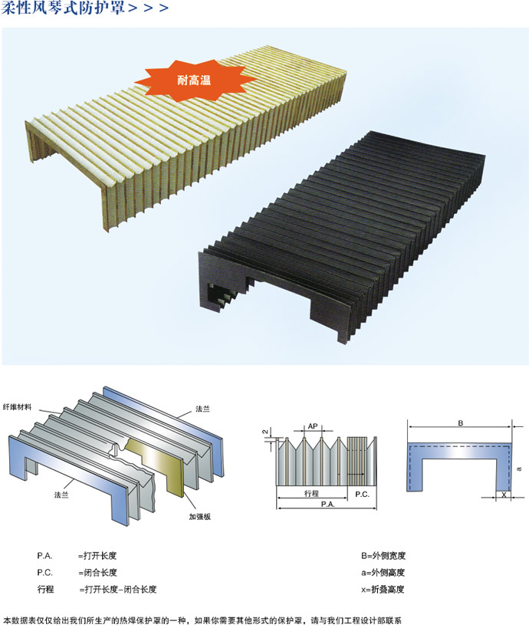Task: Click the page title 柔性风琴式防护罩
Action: click(x=64, y=8)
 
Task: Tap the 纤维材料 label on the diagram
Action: click(x=17, y=407)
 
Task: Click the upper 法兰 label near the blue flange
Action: click(x=202, y=409)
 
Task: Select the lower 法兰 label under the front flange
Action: click(x=61, y=495)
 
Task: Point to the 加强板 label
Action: click(x=200, y=517)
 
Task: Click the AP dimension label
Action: click(x=313, y=426)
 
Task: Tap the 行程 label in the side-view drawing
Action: click(x=311, y=494)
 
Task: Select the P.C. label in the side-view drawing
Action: click(x=362, y=495)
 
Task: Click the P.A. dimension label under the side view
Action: click(x=327, y=505)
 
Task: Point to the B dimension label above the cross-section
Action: click(x=461, y=423)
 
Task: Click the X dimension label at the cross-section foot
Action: click(x=504, y=495)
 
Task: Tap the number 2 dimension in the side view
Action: click(x=264, y=432)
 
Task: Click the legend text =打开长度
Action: click(x=97, y=555)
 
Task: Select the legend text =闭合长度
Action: click(x=97, y=572)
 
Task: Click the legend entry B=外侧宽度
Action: click(x=383, y=555)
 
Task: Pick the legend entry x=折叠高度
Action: click(x=383, y=589)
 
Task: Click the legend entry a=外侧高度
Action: click(x=383, y=572)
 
